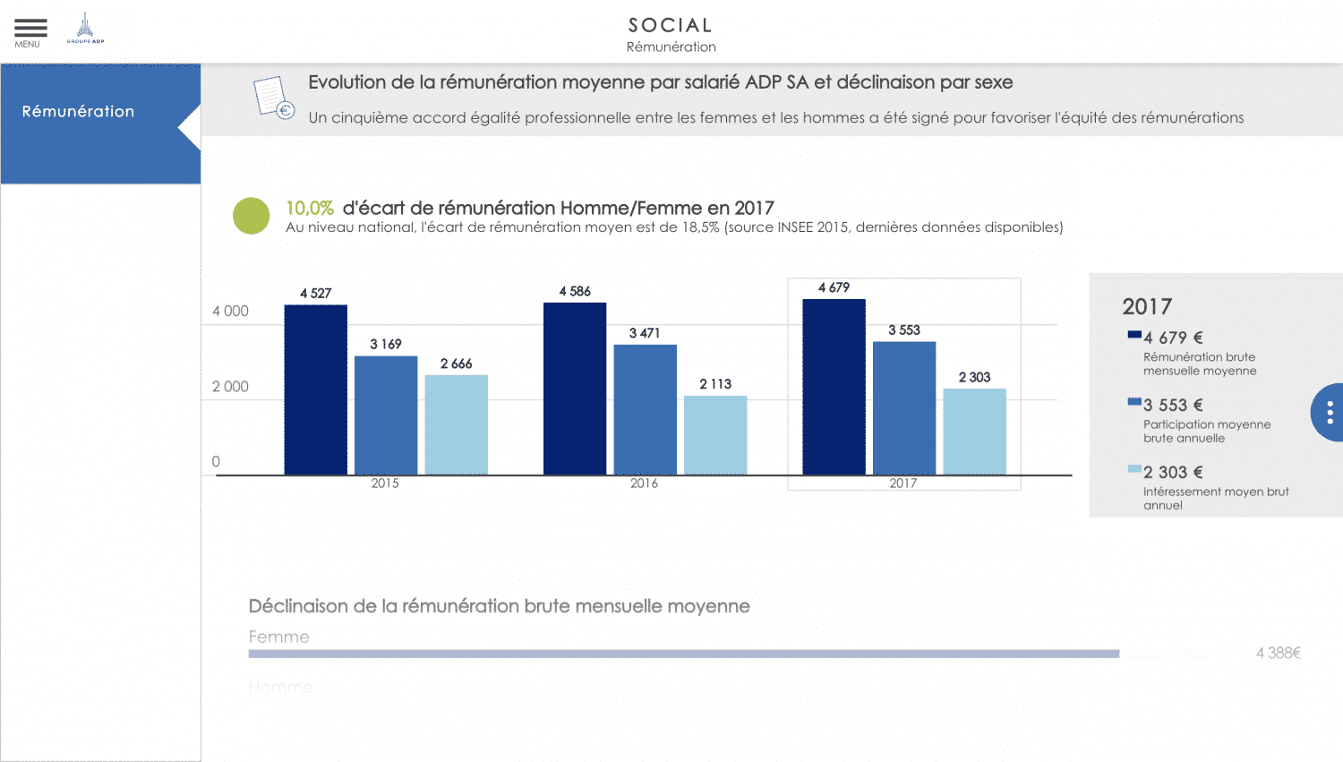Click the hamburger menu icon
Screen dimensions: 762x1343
30,29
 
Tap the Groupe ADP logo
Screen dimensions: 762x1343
85,29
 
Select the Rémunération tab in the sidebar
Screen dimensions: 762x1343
79,112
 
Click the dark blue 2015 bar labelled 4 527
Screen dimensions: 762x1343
315,390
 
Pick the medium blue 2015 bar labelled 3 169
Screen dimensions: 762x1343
386,415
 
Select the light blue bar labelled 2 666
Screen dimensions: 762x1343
456,424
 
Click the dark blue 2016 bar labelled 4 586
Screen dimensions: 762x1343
575,389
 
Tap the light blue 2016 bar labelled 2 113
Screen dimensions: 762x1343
715,435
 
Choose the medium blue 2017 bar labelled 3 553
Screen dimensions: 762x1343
904,408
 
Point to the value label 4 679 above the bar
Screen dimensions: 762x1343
834,287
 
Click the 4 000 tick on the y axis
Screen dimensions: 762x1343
230,312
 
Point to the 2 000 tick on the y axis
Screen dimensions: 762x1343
230,387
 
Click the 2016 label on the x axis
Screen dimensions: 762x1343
644,484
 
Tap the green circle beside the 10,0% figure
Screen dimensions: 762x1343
251,216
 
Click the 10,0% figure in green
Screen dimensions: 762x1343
310,208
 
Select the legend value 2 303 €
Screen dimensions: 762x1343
1173,473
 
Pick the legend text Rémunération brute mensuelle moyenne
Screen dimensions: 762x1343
1200,364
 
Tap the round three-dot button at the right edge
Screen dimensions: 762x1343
1330,412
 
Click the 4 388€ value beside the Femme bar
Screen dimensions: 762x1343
1278,654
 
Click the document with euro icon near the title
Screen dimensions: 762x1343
273,97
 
